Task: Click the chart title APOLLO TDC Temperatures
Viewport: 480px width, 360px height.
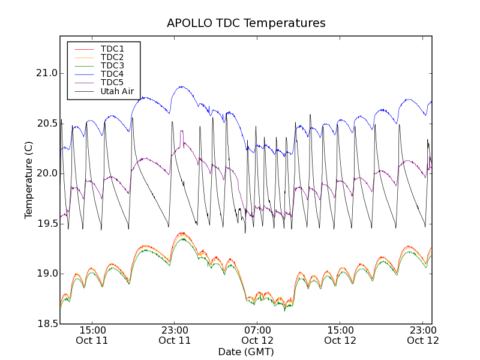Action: point(246,23)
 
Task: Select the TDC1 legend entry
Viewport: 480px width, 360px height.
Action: point(112,49)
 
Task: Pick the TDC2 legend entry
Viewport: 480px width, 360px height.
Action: point(112,57)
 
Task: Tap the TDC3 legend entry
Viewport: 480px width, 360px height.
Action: point(112,65)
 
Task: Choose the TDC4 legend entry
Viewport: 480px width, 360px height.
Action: point(112,74)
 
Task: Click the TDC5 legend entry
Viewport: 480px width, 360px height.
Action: point(112,82)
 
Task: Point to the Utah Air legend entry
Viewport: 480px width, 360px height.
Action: point(117,91)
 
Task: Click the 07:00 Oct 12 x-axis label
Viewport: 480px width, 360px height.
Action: point(257,335)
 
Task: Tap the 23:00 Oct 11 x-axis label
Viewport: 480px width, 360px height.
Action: point(175,335)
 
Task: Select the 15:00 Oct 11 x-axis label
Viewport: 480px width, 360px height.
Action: point(92,335)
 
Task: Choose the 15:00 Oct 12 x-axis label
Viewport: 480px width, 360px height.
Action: point(340,335)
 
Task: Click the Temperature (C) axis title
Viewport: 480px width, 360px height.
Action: point(29,180)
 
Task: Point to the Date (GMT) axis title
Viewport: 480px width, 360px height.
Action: point(246,352)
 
